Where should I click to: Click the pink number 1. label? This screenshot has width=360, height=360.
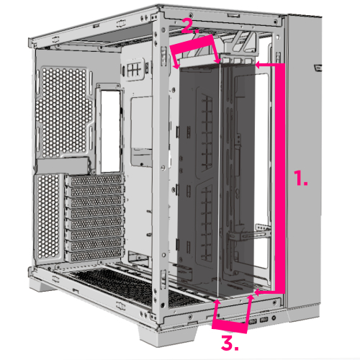301,179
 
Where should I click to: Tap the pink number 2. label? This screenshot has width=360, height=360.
187,27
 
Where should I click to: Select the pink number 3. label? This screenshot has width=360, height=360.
229,343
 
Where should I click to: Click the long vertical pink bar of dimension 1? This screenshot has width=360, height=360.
281,180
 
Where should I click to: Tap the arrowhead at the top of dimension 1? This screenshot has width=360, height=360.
258,65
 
